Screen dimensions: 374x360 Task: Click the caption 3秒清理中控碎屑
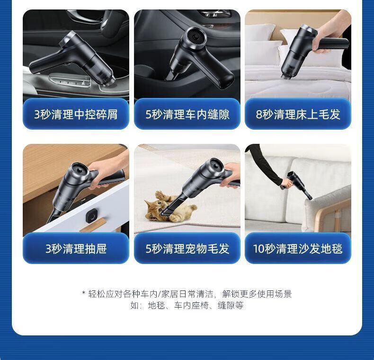(x=76, y=114)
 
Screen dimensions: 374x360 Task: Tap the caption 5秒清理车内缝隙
(x=187, y=114)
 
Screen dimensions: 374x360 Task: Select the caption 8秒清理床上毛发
(x=298, y=114)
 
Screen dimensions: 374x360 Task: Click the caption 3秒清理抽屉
(x=76, y=249)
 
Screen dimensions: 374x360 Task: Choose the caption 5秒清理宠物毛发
(x=187, y=249)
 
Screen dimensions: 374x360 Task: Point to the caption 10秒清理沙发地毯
(x=298, y=249)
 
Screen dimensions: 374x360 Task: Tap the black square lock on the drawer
(x=91, y=215)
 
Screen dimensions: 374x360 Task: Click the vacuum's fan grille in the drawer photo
(x=80, y=171)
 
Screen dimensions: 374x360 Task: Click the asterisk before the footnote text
(x=84, y=293)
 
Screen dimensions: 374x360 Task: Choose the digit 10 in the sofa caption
(x=259, y=249)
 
